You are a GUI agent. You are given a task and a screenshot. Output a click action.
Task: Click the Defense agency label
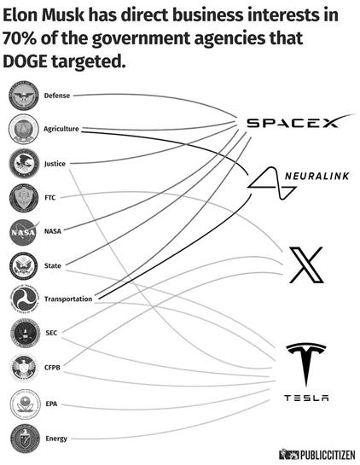tap(57, 96)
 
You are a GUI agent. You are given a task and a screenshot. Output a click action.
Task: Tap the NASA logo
tap(25, 232)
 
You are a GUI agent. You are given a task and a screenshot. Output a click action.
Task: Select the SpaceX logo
tap(300, 121)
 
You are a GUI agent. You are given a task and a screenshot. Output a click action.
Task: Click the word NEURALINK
tap(316, 176)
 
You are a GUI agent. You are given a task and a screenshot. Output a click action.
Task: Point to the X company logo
tap(306, 264)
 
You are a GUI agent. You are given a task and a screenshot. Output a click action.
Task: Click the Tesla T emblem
tap(306, 364)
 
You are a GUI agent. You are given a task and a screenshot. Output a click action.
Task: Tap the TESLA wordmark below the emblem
tap(306, 398)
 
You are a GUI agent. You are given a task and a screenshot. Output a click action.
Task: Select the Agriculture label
tap(61, 129)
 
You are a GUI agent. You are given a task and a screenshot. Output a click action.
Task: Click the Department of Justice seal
tap(24, 164)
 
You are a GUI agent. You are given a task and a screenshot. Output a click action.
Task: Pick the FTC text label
tap(50, 197)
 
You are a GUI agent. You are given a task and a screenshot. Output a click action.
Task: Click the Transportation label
tap(68, 299)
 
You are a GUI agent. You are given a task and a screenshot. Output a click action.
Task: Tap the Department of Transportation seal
tap(24, 299)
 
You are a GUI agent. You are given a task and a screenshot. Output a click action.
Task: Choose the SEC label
tap(51, 333)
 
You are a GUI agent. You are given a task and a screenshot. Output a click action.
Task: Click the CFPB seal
tap(24, 368)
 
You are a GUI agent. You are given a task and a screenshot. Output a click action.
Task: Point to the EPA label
tap(51, 404)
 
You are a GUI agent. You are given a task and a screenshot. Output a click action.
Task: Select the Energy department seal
tap(25, 439)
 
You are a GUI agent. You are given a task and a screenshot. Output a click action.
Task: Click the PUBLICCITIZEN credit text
tap(328, 455)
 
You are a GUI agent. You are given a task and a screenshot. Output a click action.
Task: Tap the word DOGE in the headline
tap(25, 61)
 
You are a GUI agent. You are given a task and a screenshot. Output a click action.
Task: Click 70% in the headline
tap(20, 38)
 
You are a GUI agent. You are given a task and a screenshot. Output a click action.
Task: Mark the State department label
tap(53, 265)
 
